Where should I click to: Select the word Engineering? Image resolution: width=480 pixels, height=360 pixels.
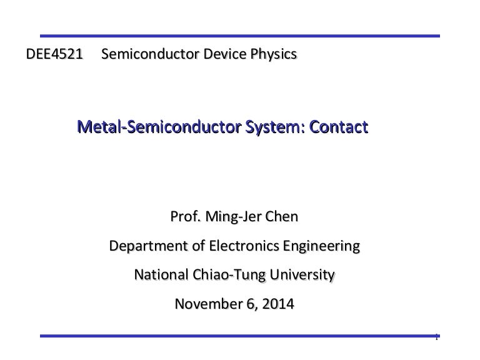(321, 246)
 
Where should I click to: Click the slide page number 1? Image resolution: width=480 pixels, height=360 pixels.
(436, 338)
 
